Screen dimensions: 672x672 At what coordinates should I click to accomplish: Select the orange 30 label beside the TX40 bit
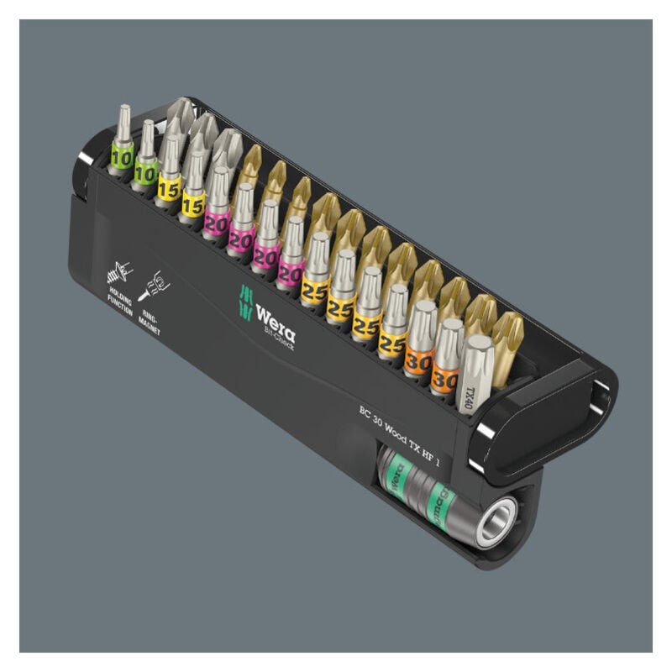tap(444, 380)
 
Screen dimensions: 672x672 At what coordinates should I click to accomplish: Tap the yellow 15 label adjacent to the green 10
tap(169, 190)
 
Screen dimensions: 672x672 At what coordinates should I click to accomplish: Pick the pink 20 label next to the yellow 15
tap(218, 223)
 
